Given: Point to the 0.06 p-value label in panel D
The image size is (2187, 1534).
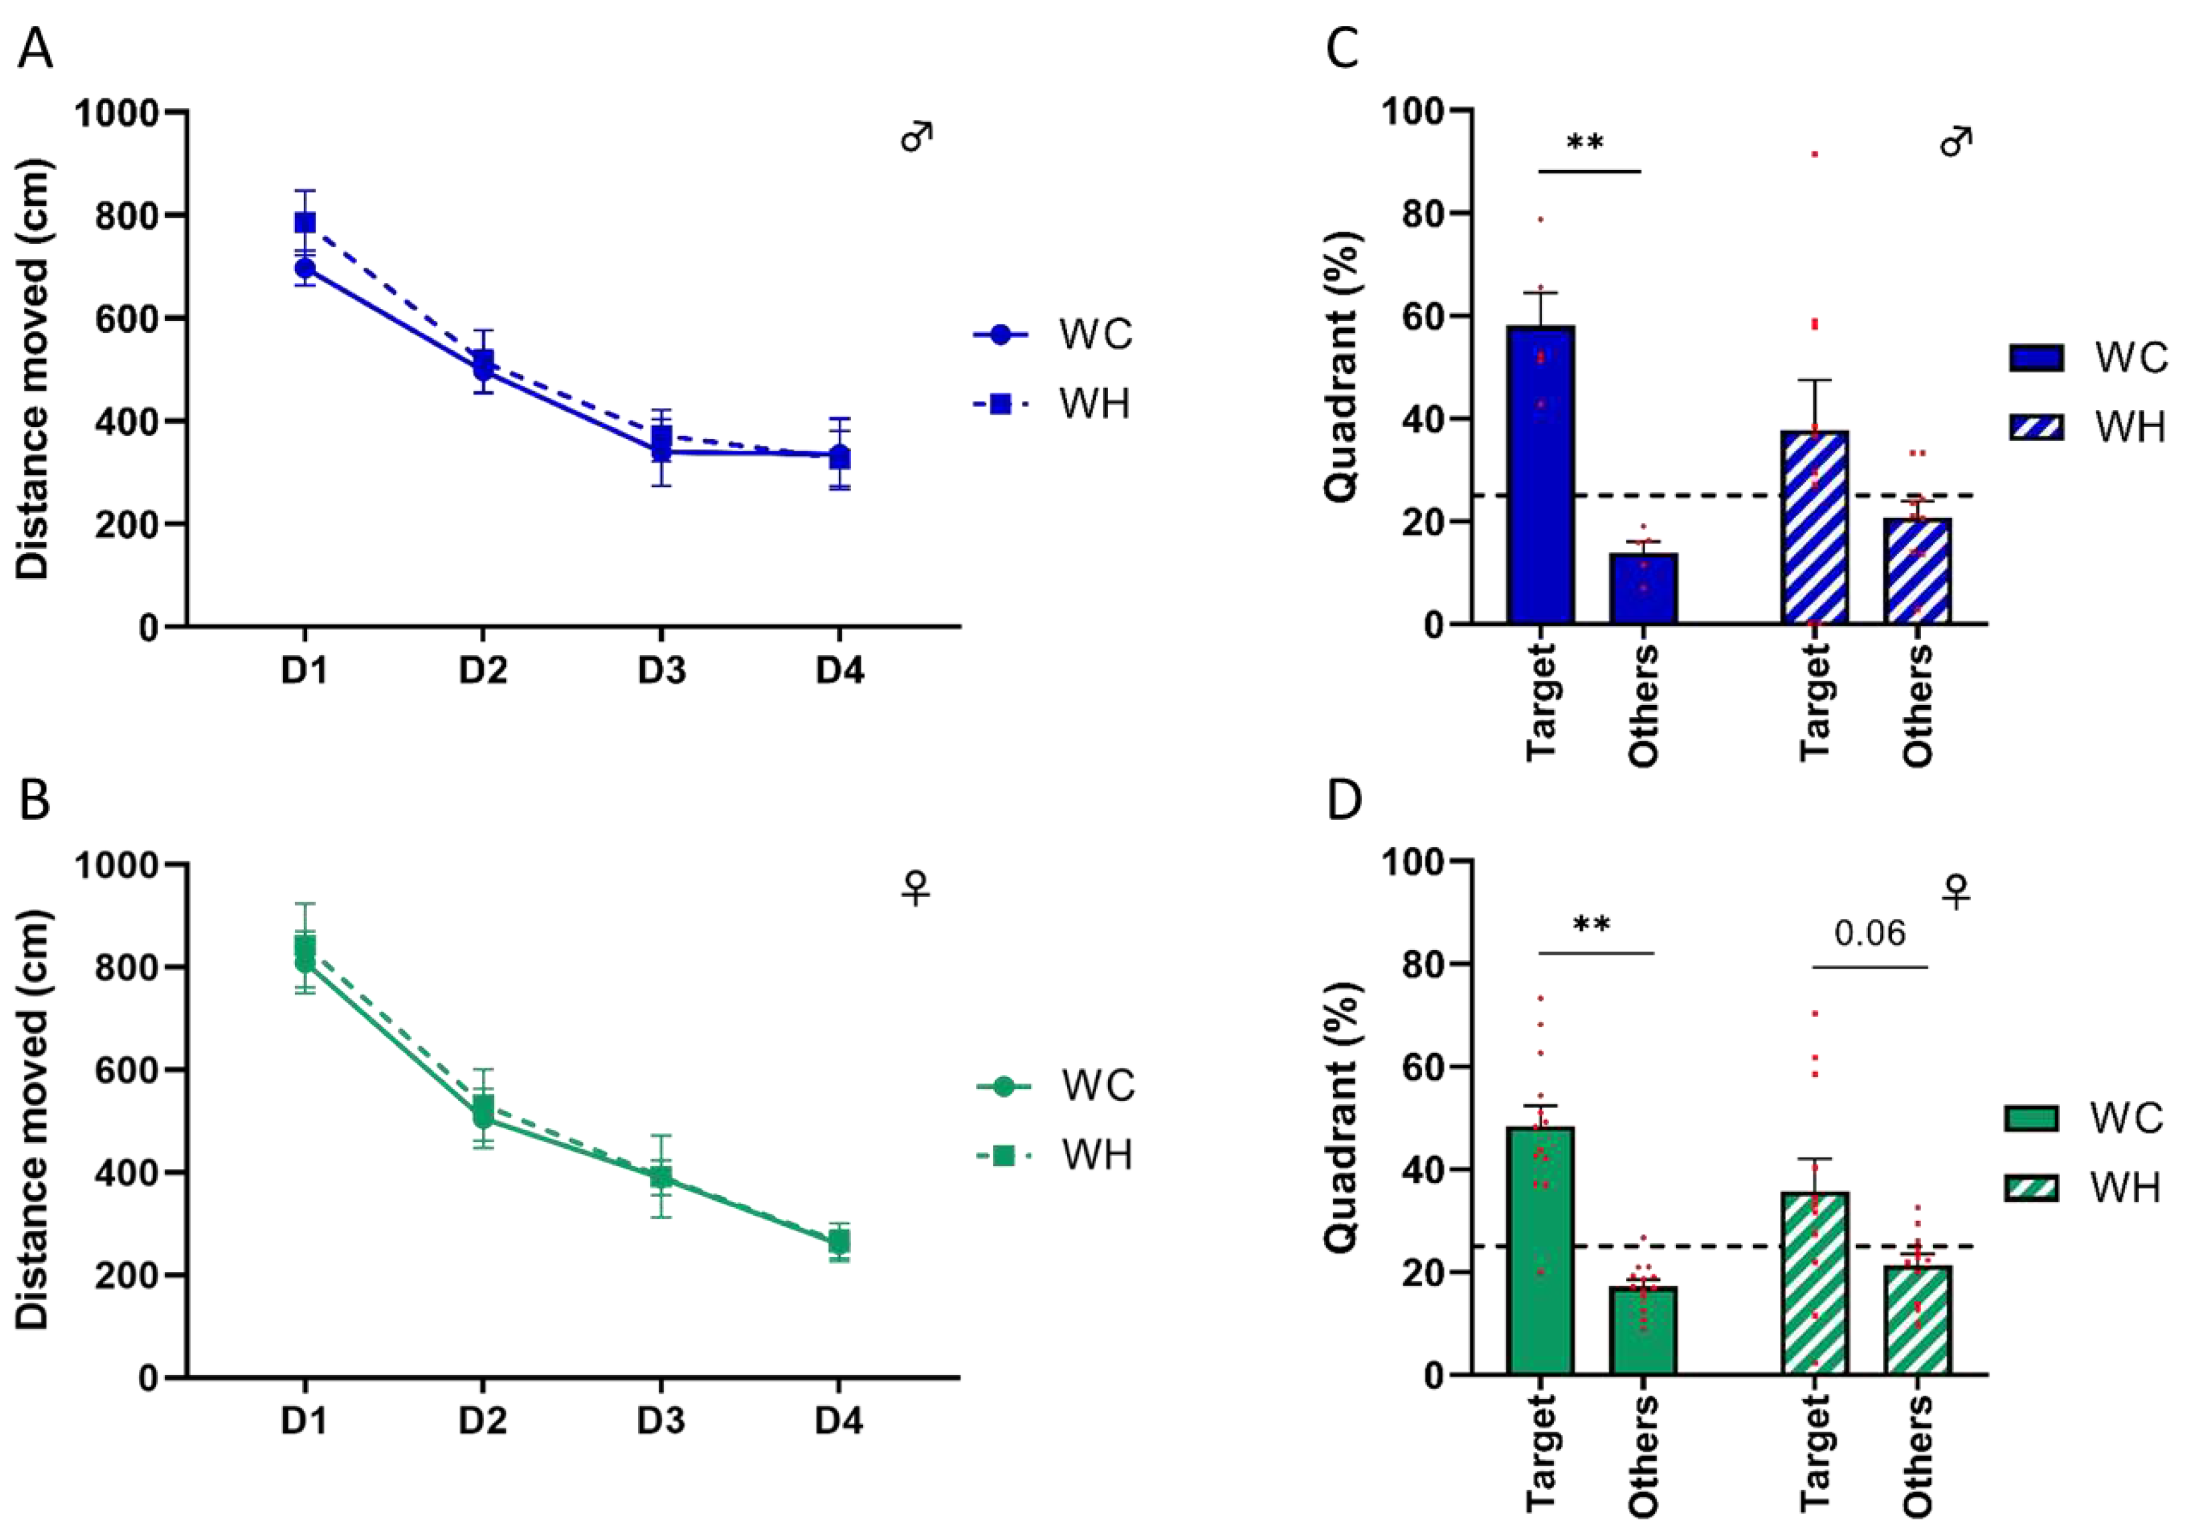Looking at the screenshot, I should (x=1870, y=934).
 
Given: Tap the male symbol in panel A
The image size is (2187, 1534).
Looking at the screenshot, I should (x=916, y=137).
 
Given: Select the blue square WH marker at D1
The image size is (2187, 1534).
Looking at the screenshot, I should (x=305, y=223).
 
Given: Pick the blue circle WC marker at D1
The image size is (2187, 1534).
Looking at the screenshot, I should (x=305, y=268).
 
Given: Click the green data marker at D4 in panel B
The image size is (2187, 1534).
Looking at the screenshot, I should (x=838, y=1242).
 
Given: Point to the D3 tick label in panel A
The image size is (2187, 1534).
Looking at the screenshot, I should (x=661, y=671).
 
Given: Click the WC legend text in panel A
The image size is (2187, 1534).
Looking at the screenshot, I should (x=1096, y=334).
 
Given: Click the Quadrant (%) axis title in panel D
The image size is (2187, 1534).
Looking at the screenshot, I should (x=1342, y=1117).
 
